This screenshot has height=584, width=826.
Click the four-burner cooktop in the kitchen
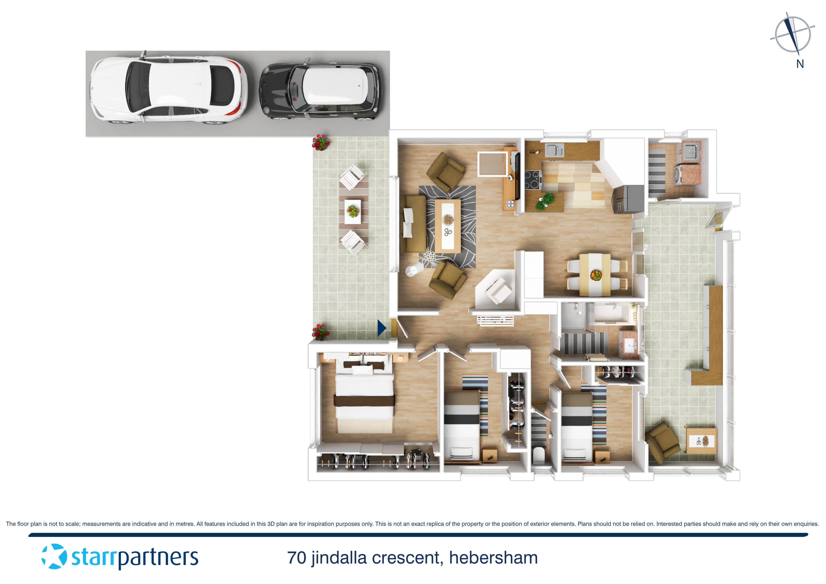click(533, 179)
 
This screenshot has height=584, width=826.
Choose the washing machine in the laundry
click(679, 175)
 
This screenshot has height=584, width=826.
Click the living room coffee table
click(448, 226)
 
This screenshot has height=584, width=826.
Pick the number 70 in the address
click(296, 558)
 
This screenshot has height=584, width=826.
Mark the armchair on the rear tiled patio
click(661, 442)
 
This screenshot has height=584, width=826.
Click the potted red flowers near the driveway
click(320, 142)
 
